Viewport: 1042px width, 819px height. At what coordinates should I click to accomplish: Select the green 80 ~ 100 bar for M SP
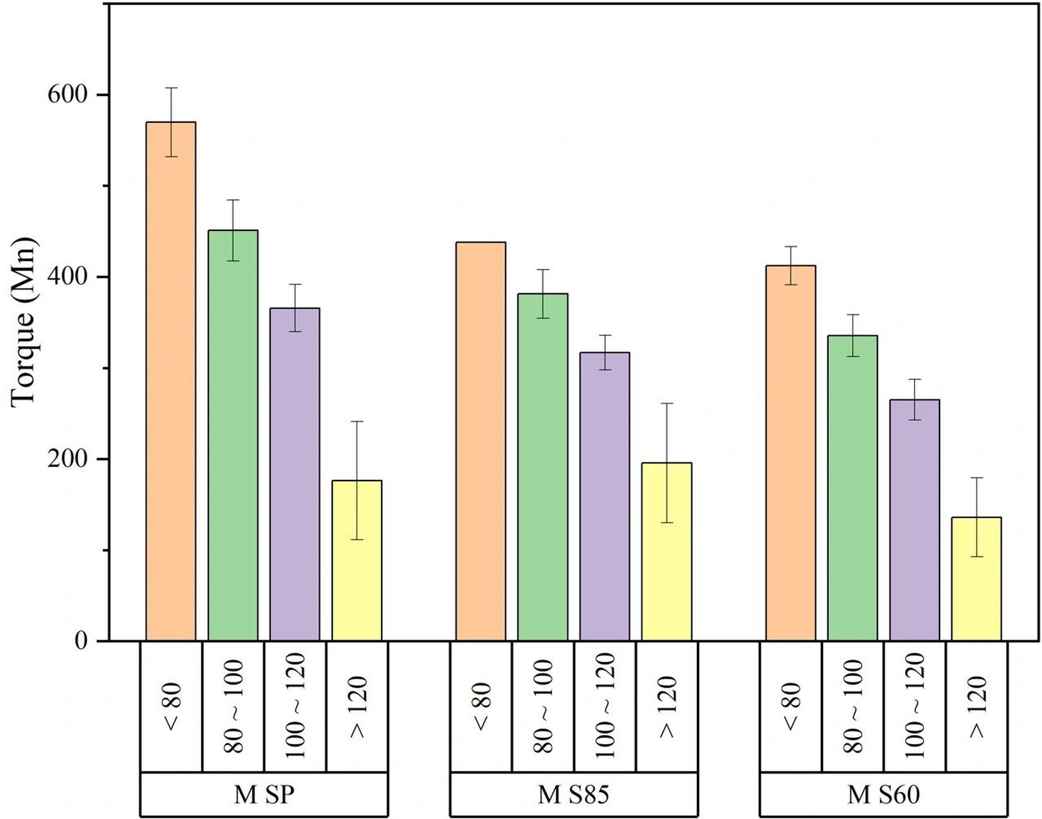pyautogui.click(x=233, y=435)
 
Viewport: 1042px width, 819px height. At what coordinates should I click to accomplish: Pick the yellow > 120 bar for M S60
pyautogui.click(x=976, y=578)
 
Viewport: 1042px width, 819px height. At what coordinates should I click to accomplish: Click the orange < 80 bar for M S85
pyautogui.click(x=480, y=441)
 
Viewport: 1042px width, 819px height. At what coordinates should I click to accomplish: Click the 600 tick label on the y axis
pyautogui.click(x=67, y=95)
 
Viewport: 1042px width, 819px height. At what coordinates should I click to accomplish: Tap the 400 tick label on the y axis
pyautogui.click(x=67, y=277)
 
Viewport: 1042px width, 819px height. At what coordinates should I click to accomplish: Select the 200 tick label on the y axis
pyautogui.click(x=67, y=459)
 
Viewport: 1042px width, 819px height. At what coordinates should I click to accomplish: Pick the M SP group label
pyautogui.click(x=264, y=795)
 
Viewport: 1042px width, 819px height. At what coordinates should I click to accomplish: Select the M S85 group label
pyautogui.click(x=573, y=795)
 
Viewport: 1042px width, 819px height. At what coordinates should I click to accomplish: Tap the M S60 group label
pyautogui.click(x=883, y=795)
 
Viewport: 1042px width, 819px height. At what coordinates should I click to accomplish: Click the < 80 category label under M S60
pyautogui.click(x=791, y=706)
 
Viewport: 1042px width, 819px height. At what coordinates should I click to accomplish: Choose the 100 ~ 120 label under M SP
pyautogui.click(x=295, y=706)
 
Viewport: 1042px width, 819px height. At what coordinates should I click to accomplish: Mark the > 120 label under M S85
pyautogui.click(x=667, y=706)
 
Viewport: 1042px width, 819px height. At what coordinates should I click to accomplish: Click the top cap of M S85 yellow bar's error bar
pyautogui.click(x=667, y=403)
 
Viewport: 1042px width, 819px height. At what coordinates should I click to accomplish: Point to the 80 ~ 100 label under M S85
pyautogui.click(x=543, y=706)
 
